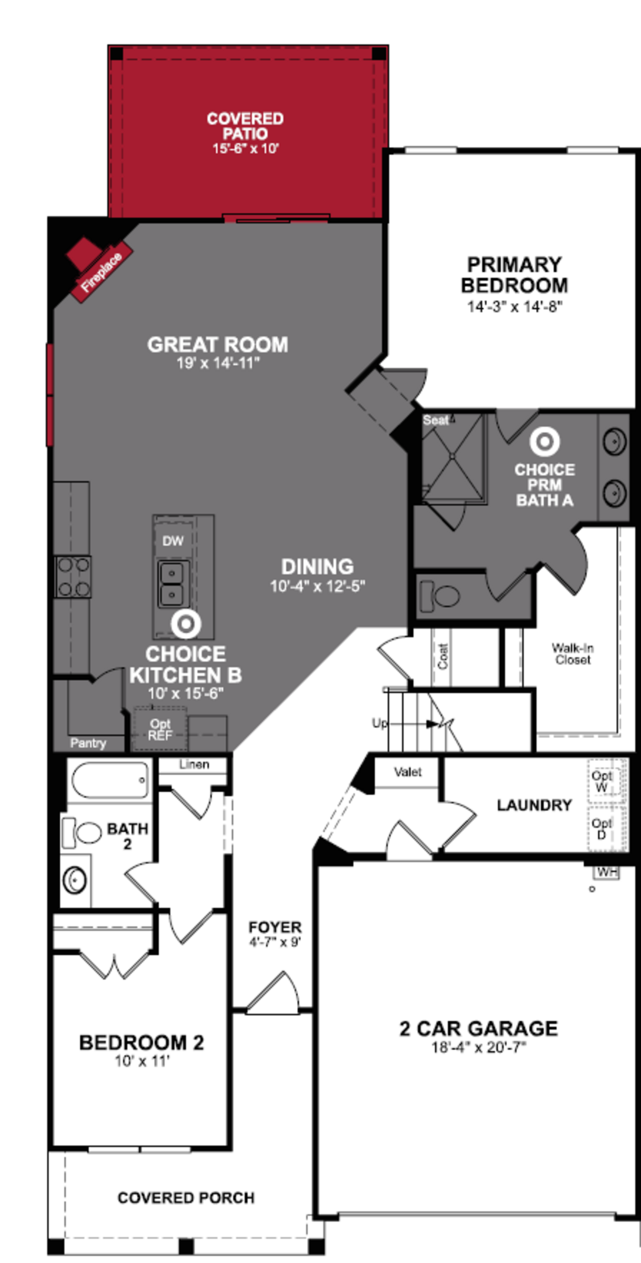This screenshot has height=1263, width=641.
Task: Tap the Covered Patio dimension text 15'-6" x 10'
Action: (245, 149)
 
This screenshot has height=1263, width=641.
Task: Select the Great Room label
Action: (218, 345)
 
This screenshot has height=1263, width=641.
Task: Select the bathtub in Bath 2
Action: (110, 780)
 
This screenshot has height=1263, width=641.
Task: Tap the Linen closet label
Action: (194, 764)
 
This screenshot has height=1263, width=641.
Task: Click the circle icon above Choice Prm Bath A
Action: (545, 441)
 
